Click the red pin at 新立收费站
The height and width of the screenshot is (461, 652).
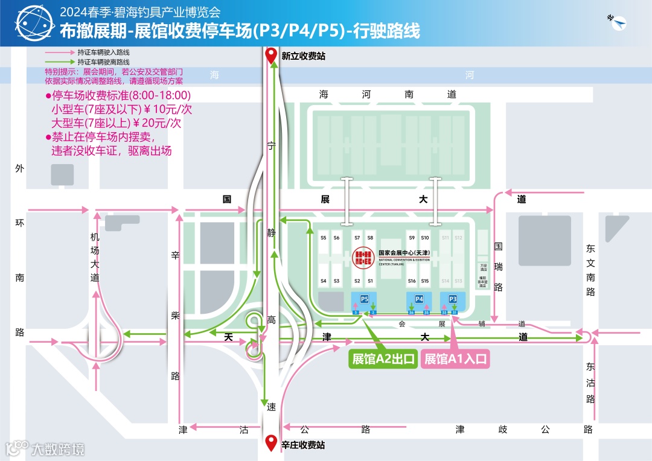pos(272,56)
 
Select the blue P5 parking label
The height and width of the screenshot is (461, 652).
pos(364,299)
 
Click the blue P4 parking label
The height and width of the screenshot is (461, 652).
pos(419,299)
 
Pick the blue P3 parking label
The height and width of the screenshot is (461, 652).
pos(453,299)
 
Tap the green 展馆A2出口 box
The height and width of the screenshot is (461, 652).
pos(383,359)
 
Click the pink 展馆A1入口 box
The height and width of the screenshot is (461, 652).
pos(455,359)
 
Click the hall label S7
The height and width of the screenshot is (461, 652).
pos(357,238)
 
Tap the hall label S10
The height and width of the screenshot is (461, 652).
pos(425,238)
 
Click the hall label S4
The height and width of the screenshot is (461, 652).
pos(324,281)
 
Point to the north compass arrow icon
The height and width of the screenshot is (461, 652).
pos(617,22)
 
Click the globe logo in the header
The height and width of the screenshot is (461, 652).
pos(31,24)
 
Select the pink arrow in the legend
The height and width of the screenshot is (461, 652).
pos(60,52)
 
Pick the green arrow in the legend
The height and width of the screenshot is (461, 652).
pos(60,62)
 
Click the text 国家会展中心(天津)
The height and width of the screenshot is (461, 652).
pos(403,253)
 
